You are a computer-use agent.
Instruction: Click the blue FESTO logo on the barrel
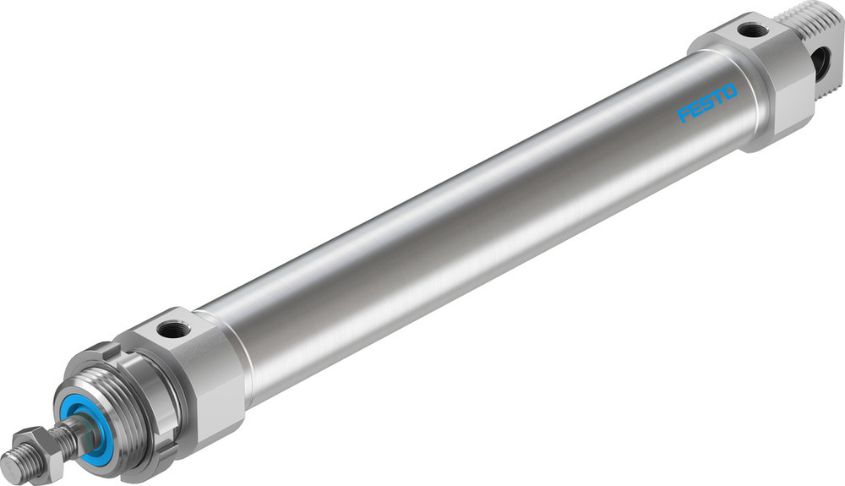(707, 102)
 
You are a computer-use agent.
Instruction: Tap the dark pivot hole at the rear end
(819, 60)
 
